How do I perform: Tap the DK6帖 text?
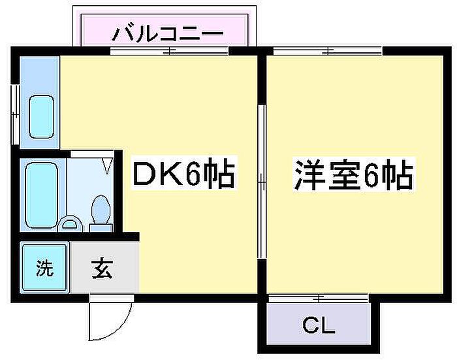(x=183, y=175)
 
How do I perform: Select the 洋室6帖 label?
(x=353, y=175)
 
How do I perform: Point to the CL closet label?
(x=319, y=325)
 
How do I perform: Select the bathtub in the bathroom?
(x=42, y=195)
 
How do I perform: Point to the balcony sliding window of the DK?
(x=168, y=50)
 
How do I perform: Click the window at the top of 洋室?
(x=327, y=50)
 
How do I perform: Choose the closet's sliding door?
(x=318, y=299)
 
